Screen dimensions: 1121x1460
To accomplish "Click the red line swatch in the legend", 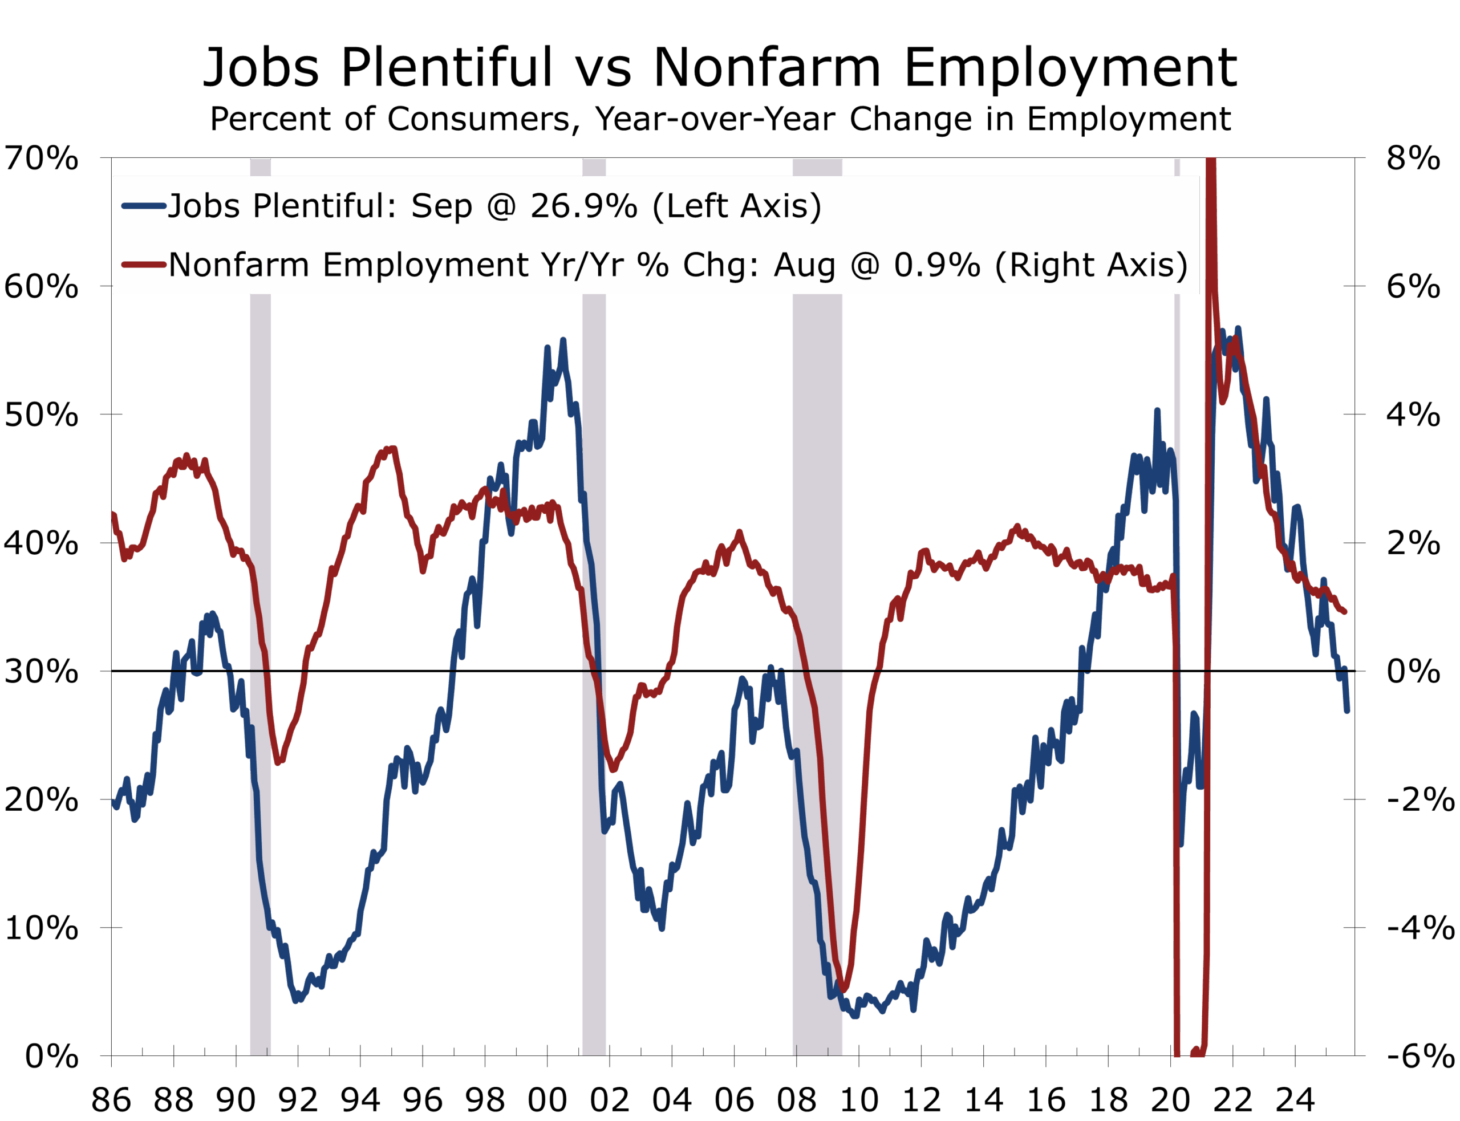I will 144,265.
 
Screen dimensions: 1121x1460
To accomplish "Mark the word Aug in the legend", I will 805,265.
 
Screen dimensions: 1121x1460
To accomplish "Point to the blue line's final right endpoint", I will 1347,711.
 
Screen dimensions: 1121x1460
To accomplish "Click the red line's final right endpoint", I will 1345,612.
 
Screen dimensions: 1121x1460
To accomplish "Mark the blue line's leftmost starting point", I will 113,803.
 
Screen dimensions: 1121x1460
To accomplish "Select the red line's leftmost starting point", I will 113,513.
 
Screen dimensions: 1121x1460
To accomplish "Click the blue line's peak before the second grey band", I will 563,340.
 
